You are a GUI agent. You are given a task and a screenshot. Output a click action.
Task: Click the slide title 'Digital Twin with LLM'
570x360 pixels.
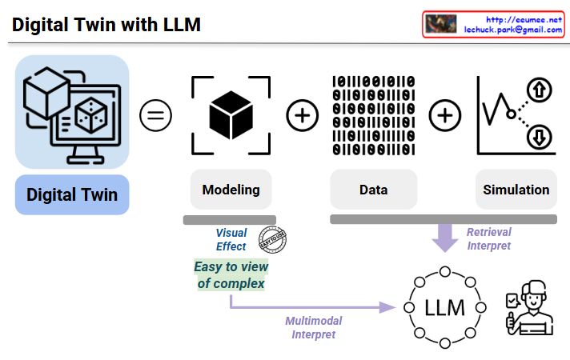click(x=106, y=25)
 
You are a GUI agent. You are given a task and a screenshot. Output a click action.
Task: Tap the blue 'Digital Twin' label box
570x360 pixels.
click(x=72, y=195)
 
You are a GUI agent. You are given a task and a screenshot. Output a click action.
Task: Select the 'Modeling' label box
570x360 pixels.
click(x=231, y=190)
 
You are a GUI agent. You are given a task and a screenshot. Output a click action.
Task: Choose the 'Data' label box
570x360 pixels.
click(x=373, y=190)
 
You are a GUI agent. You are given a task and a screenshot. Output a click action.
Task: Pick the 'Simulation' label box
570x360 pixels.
click(x=516, y=190)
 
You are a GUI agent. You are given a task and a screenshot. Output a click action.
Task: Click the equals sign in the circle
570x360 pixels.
click(x=156, y=116)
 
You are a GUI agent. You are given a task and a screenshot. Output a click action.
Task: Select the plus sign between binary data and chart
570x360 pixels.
click(x=445, y=116)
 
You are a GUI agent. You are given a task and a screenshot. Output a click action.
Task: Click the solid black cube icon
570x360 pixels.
click(x=231, y=117)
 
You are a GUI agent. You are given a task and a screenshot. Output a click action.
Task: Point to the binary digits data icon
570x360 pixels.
click(x=373, y=116)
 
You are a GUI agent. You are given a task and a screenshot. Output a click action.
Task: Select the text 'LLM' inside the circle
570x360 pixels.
click(x=444, y=308)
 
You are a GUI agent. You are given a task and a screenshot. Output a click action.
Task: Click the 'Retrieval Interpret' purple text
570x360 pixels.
click(x=488, y=239)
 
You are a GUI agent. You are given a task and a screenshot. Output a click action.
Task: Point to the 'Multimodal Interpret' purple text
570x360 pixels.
click(x=314, y=328)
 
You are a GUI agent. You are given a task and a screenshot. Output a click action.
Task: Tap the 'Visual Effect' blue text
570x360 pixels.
click(x=231, y=240)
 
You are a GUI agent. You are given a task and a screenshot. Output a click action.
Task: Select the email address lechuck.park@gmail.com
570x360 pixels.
click(x=513, y=30)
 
